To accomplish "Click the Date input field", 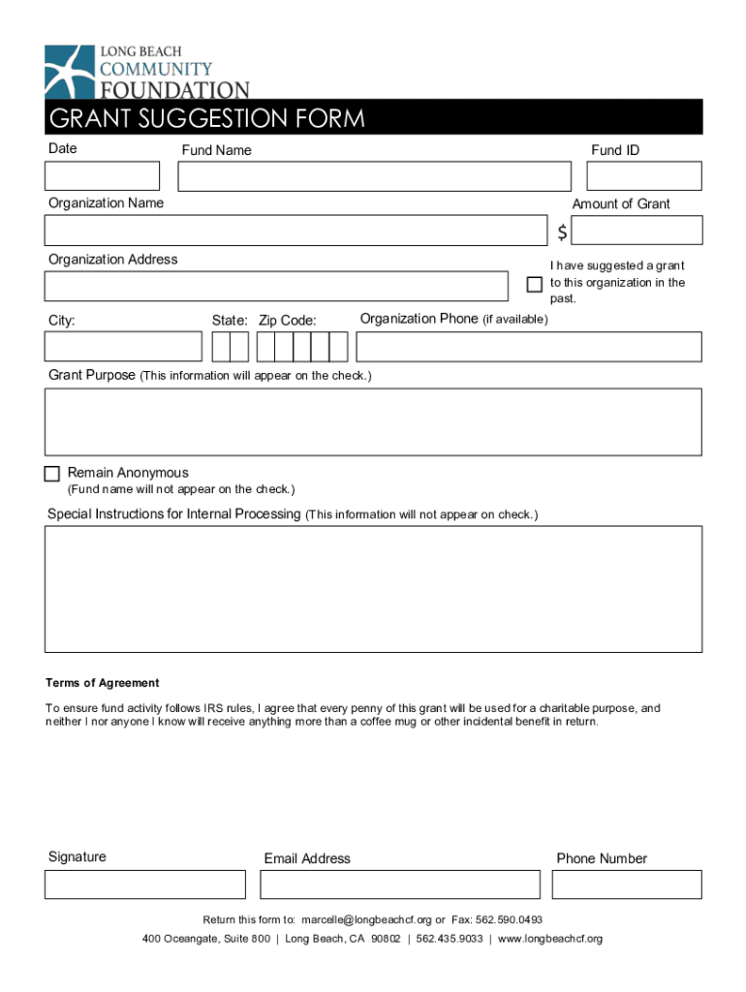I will coord(102,176).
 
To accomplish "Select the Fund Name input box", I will coord(375,176).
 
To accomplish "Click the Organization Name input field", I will coord(295,231).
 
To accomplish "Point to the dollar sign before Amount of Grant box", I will coord(562,232).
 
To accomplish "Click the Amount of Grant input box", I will coord(637,231).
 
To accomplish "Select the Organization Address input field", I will coord(276,287).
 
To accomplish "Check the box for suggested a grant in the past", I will coord(534,284).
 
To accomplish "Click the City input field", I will coord(123,347).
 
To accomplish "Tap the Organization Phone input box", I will coord(529,347).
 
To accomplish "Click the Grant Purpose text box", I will coord(373,421).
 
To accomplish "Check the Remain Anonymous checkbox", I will coord(52,474).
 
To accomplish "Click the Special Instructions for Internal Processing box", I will coord(373,589).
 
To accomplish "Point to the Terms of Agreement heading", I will coord(103,683).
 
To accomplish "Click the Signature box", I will coord(145,884).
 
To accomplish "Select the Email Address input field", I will coord(400,884).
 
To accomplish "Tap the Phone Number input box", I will coord(627,884).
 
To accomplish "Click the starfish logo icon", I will coord(69,70).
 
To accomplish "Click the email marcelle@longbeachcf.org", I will coord(366,919).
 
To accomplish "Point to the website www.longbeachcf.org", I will coord(550,940).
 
